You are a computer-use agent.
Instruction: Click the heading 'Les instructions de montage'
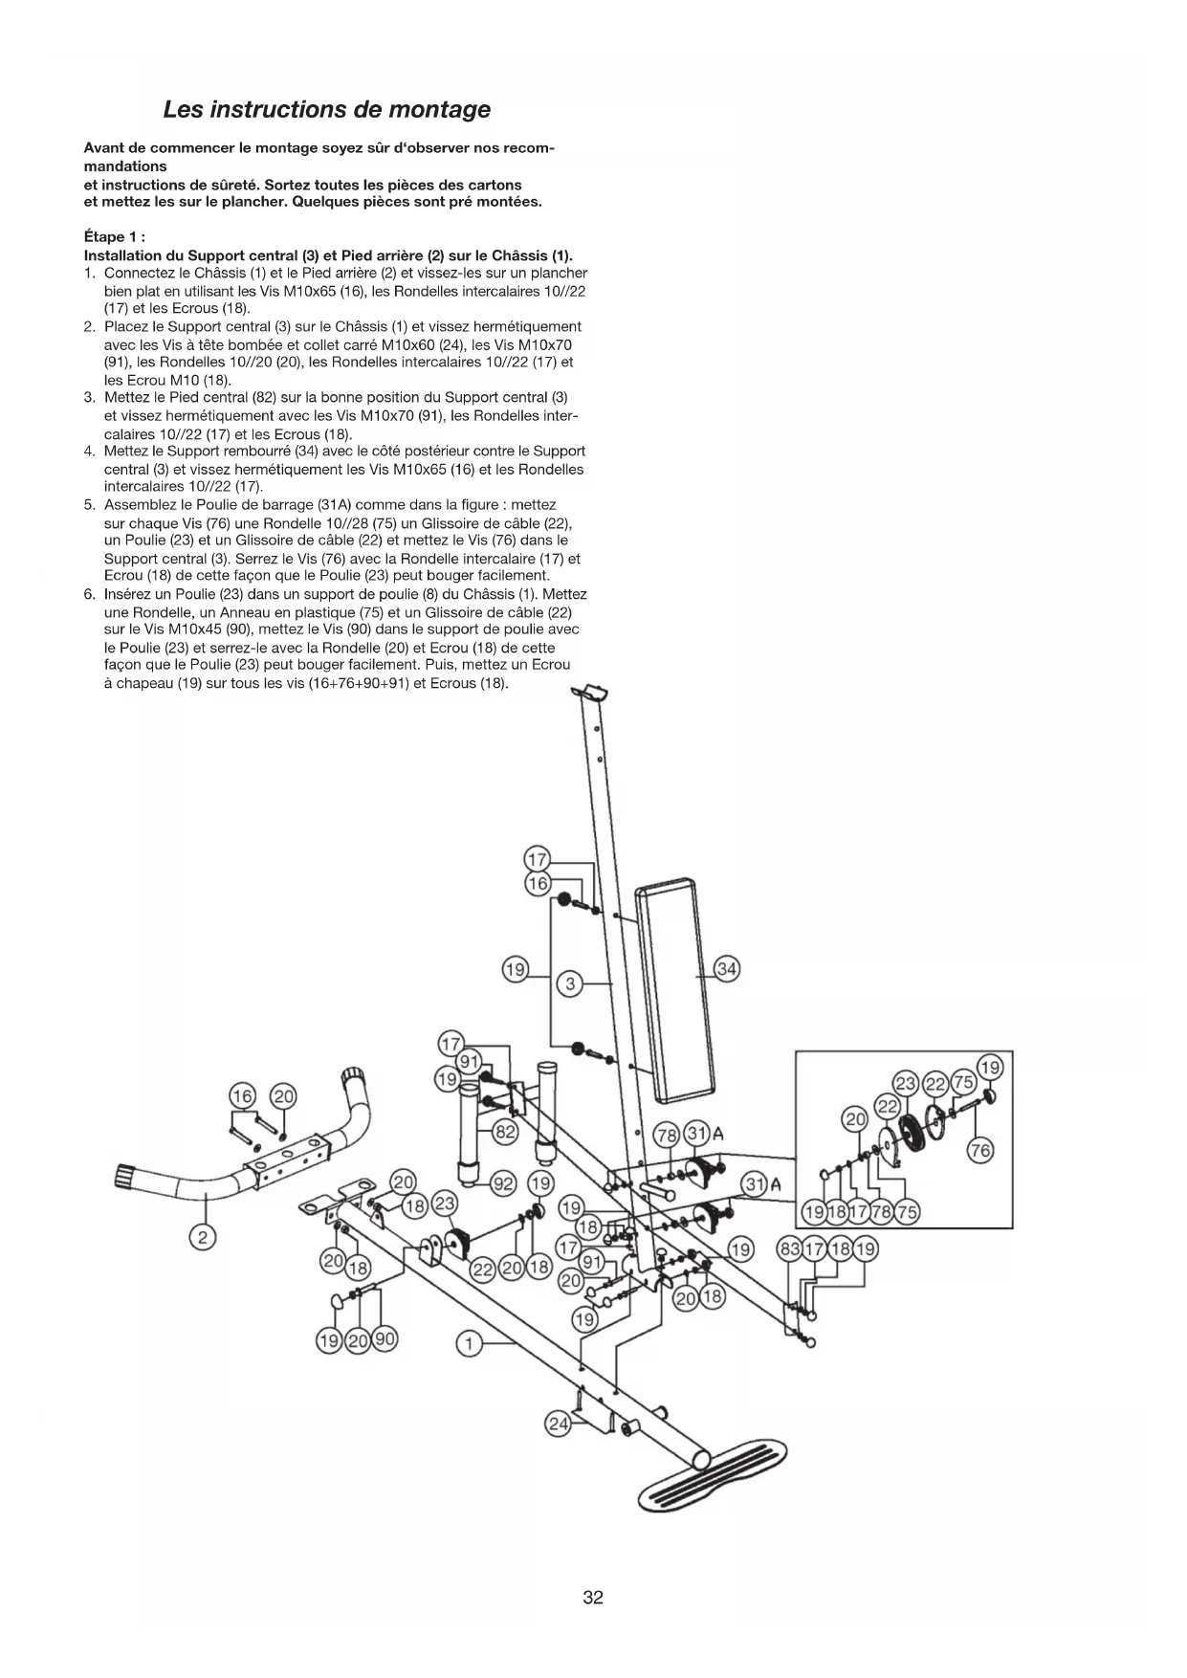coord(326,109)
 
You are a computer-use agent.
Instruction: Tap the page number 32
coord(593,1597)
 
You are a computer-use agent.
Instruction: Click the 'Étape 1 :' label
coord(114,237)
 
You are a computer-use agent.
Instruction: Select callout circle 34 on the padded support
coord(727,969)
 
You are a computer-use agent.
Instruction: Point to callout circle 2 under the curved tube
coord(203,1238)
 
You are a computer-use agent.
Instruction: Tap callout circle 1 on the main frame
coord(469,1344)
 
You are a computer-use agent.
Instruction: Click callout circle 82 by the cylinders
coord(504,1133)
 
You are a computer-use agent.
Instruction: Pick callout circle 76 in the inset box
coord(980,1150)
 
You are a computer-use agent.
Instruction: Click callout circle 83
coord(790,1248)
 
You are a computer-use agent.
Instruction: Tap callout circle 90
coord(385,1339)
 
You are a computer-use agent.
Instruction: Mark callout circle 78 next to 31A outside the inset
coord(666,1136)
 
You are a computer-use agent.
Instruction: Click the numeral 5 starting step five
coord(89,504)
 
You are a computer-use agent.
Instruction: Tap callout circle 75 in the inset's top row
coord(962,1083)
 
